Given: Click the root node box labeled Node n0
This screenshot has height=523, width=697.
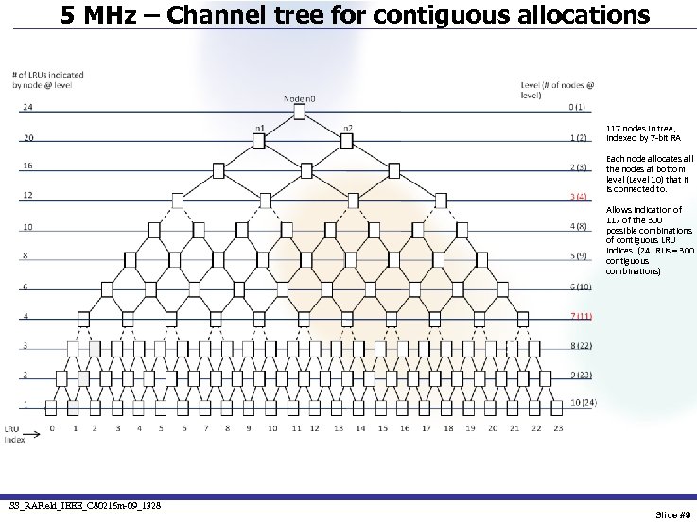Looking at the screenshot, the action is click(x=299, y=113).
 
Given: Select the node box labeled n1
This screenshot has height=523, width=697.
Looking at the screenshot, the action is click(x=255, y=142).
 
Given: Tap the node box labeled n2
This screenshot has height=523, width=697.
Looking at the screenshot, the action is click(x=342, y=142).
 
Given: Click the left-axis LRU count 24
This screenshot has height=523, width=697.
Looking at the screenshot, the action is click(x=26, y=107).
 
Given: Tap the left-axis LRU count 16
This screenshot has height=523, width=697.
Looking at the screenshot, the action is click(x=26, y=166).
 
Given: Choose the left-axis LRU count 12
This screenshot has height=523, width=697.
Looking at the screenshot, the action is click(x=26, y=197).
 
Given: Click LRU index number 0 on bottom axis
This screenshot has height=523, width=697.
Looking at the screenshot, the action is click(x=53, y=428).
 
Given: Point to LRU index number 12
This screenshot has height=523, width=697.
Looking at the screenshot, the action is click(x=317, y=428).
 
